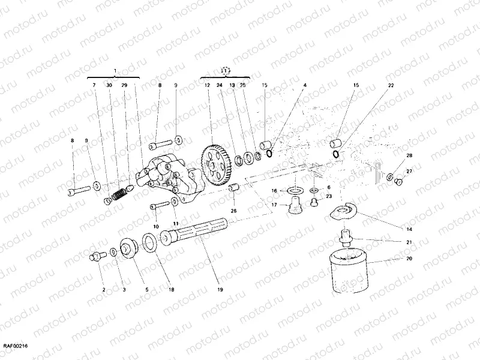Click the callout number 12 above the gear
207,86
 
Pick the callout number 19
220,290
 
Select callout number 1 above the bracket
115,71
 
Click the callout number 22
391,86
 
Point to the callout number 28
409,156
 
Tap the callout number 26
234,211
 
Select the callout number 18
171,290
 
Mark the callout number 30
109,86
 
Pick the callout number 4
304,86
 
